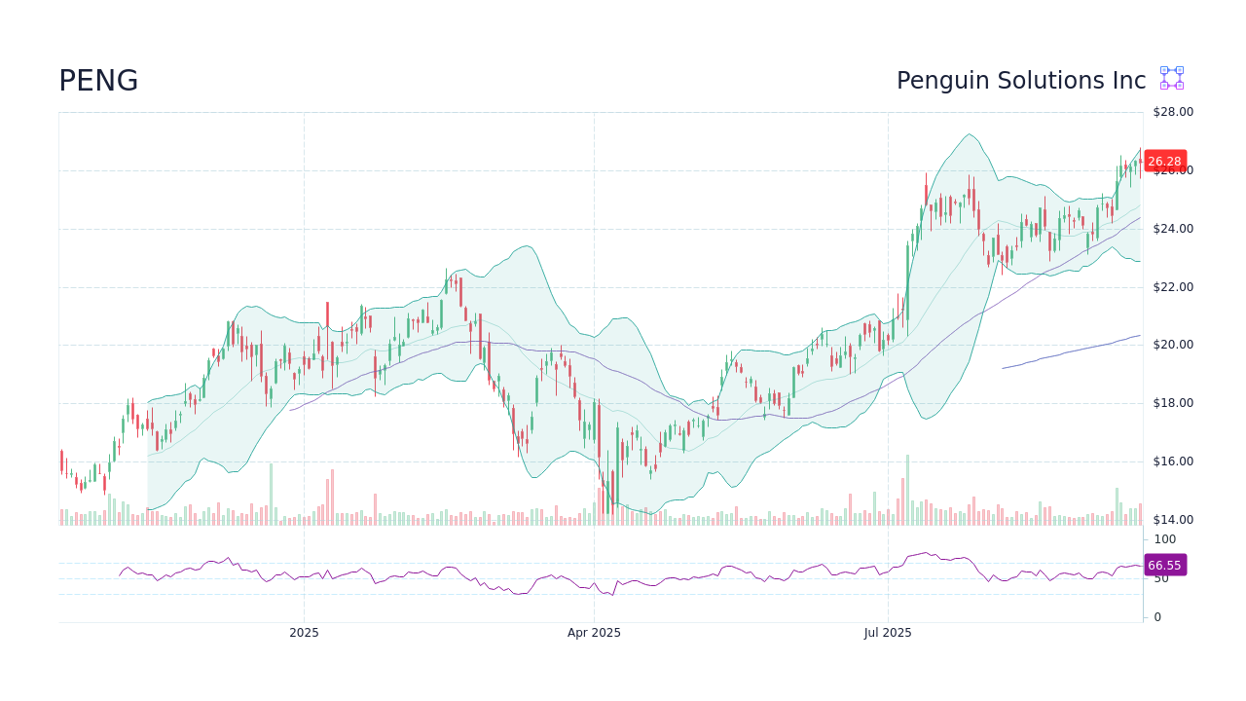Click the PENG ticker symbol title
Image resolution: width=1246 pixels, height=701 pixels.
(98, 81)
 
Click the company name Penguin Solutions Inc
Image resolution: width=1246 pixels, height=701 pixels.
(1020, 81)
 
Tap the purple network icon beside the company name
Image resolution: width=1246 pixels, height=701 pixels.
(1171, 78)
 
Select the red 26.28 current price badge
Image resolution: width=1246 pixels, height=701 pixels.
(1164, 162)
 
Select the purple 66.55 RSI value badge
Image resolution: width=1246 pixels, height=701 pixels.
(1164, 565)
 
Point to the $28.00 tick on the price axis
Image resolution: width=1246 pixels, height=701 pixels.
(1173, 112)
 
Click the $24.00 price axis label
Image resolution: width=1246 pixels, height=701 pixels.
(1173, 229)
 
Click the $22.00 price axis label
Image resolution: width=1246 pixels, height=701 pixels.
(1173, 287)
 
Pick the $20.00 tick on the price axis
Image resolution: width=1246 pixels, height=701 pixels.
(1173, 345)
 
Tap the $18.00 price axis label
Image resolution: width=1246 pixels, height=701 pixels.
(1173, 403)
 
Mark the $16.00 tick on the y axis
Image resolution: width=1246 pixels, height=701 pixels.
(1173, 461)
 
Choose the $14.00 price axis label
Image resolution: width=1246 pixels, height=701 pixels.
(1173, 520)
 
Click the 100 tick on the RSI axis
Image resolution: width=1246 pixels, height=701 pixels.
(1164, 539)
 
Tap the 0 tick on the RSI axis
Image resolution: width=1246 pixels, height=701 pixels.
(1157, 617)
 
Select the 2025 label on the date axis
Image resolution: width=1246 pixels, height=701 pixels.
(304, 633)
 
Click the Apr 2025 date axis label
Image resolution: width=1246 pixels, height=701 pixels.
(594, 633)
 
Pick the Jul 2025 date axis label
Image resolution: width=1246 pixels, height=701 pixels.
(888, 633)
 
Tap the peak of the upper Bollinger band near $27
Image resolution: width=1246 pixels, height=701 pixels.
(969, 134)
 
